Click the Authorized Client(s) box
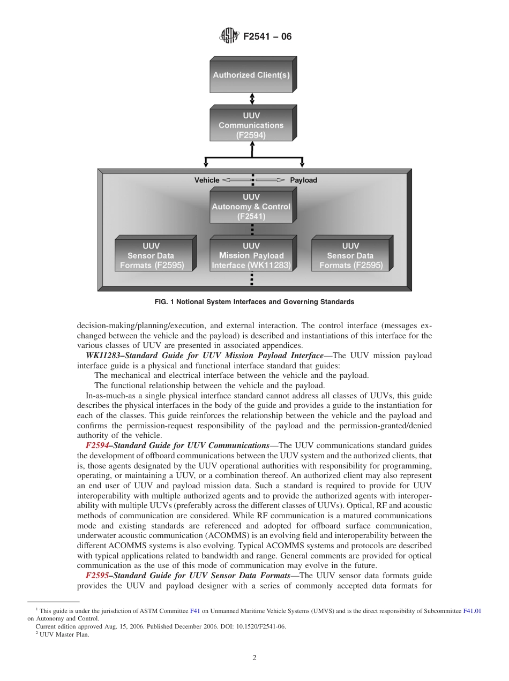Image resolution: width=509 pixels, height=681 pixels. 251,75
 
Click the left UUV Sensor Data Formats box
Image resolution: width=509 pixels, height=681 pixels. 151,256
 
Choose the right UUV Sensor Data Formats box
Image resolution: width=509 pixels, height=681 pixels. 351,256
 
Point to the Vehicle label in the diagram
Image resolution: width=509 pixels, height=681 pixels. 207,180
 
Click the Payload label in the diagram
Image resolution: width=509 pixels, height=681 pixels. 303,180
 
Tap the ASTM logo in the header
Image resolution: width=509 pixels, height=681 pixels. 229,36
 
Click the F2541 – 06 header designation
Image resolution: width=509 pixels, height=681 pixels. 267,37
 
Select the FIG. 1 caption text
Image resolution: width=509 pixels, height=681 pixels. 254,302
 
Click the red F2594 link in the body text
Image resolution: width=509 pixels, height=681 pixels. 97,445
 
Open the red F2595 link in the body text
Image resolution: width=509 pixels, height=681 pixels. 97,576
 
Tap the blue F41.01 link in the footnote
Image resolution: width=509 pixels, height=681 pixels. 472,610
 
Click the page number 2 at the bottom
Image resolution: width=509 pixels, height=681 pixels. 254,658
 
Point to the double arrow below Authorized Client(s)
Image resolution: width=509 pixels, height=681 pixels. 252,99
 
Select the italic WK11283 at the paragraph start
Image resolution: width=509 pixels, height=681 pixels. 104,355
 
